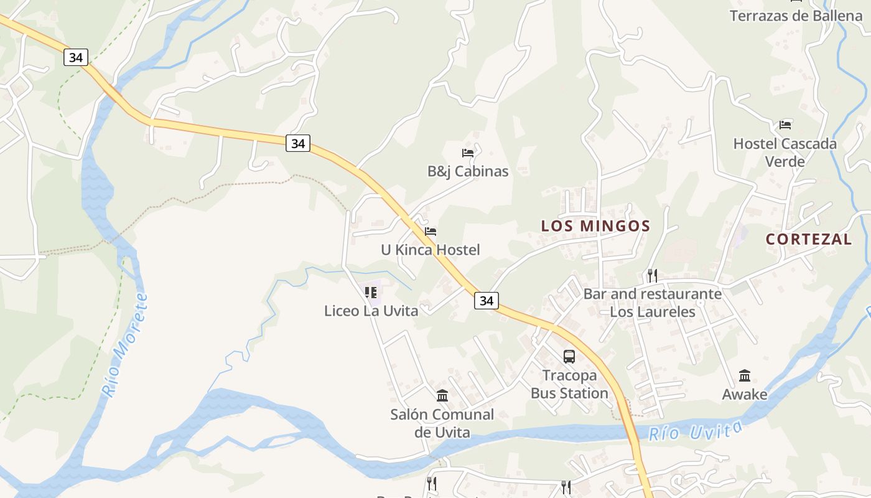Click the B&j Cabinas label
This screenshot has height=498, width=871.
[468, 171]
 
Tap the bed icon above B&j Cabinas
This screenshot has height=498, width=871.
[468, 153]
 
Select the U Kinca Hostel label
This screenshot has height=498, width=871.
[431, 250]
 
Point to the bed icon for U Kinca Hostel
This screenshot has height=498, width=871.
[431, 232]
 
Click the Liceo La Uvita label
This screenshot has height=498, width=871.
[371, 311]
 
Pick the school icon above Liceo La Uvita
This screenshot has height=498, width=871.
[371, 292]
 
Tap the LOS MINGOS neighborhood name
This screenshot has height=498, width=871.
[595, 226]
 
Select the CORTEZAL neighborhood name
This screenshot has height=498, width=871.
[809, 239]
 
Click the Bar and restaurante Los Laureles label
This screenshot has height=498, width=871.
[652, 303]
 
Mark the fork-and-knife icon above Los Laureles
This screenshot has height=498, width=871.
[652, 275]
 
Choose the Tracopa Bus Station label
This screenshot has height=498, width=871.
[569, 384]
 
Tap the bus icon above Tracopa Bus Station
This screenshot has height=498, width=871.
[569, 357]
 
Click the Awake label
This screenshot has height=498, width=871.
[745, 394]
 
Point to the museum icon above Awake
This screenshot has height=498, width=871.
[745, 376]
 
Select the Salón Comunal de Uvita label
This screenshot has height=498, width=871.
[442, 423]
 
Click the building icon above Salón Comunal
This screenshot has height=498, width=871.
[442, 395]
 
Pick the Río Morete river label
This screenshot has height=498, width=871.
[126, 345]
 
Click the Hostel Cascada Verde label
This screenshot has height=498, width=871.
[785, 153]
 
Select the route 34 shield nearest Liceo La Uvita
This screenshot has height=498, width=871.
[487, 301]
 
